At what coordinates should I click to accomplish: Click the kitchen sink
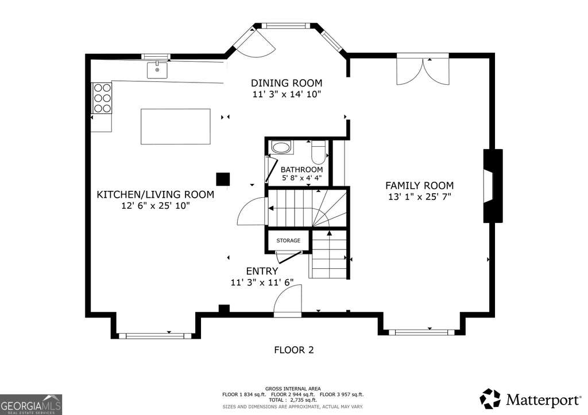157,70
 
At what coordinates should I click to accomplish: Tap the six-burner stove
102,98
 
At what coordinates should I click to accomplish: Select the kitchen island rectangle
176,127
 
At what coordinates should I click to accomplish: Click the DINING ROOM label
287,83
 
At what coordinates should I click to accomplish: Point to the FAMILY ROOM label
420,185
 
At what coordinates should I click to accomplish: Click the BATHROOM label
301,170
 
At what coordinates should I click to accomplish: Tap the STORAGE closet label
288,241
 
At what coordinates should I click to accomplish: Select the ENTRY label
262,271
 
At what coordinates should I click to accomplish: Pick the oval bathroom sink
281,147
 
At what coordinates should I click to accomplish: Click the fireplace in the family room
493,186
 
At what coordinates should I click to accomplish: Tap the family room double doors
423,71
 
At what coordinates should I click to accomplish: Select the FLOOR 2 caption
294,350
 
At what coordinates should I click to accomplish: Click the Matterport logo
530,400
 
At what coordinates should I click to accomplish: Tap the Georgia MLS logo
31,405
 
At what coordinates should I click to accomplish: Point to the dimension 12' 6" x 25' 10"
156,205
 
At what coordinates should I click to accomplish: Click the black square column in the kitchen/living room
223,179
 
